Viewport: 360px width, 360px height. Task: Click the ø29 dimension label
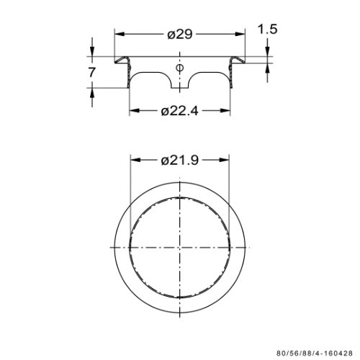point(180,34)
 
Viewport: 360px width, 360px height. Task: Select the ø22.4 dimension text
point(180,111)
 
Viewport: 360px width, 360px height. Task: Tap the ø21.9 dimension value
point(180,160)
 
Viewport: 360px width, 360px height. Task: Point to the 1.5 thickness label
point(267,29)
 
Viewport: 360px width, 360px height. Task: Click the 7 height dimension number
point(92,72)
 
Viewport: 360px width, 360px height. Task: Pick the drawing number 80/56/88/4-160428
point(315,354)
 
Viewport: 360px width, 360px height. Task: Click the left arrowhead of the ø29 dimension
point(120,35)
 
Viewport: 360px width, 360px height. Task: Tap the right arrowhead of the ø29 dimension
point(240,35)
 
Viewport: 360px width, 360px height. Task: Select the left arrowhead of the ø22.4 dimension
point(135,110)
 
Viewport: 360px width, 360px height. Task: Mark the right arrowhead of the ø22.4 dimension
point(225,110)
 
